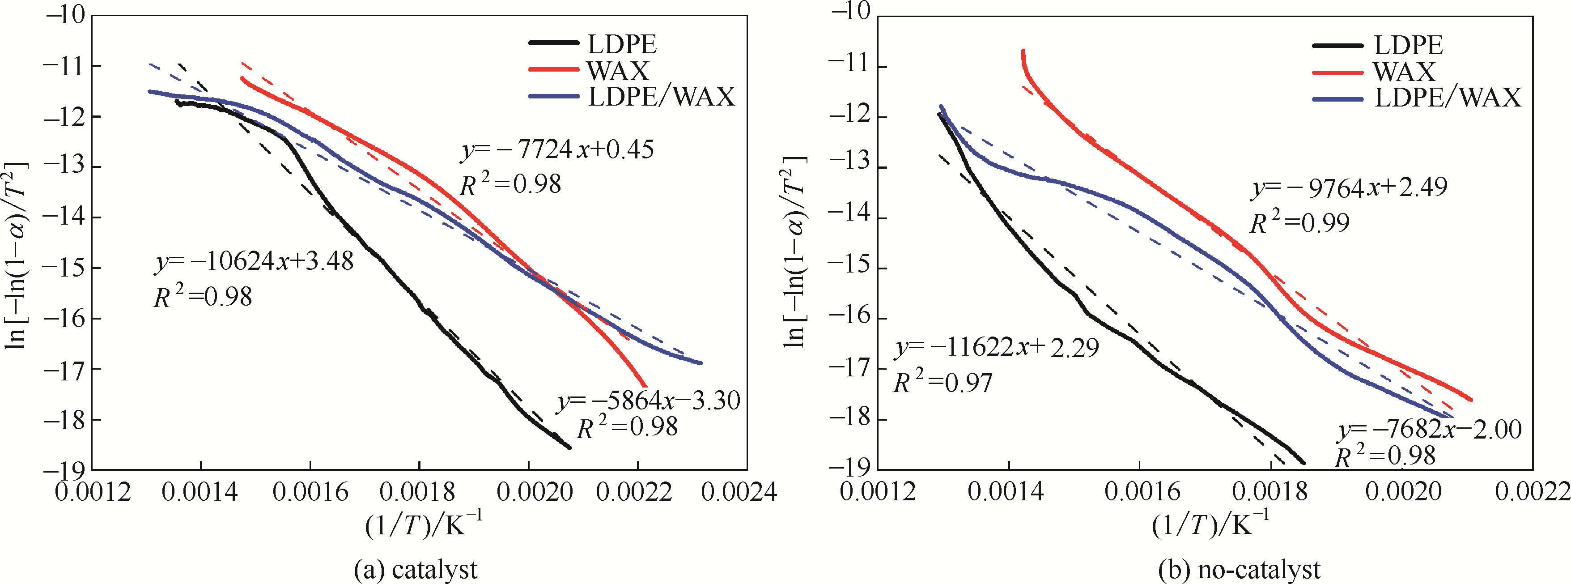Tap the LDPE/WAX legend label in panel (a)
661,96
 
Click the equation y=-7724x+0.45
557,149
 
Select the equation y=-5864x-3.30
648,401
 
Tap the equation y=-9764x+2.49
1350,188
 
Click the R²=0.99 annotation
1299,223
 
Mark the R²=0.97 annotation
943,383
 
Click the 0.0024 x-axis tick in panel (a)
739,492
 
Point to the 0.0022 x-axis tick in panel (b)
1533,492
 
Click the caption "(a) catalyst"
416,569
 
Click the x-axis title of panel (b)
1210,524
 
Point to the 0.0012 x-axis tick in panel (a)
93,492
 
